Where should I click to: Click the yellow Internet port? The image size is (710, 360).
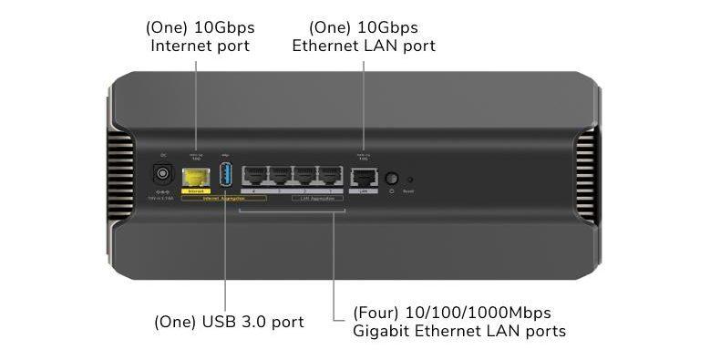pos(193,176)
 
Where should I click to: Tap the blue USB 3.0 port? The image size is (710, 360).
pos(226,174)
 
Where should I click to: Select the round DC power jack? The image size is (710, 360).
pos(163,173)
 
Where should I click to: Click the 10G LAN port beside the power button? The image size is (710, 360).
pos(365,177)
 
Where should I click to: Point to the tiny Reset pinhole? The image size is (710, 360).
pos(408,180)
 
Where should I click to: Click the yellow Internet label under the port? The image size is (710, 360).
pos(193,190)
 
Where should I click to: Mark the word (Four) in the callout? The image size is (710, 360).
pos(374,313)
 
